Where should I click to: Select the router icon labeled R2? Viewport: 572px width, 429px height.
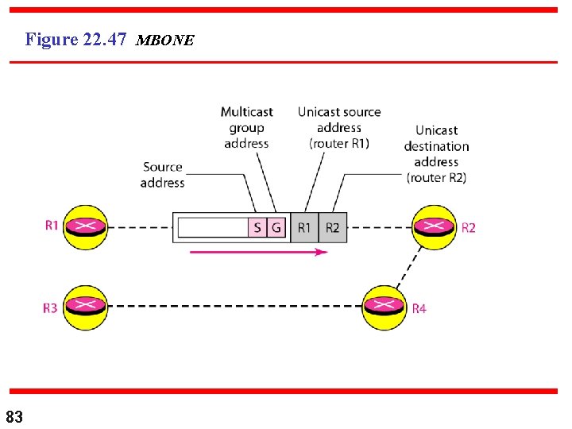pos(434,227)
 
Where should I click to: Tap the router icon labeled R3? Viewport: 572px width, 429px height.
pos(85,307)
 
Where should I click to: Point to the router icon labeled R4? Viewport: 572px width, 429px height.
pos(385,307)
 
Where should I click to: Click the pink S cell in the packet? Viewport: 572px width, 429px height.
pos(257,228)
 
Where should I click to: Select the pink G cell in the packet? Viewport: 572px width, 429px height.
pos(276,228)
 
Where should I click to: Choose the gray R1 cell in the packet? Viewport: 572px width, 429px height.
pos(304,228)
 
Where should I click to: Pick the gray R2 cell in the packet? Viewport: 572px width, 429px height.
pos(332,228)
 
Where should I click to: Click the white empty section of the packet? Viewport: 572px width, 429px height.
pos(212,228)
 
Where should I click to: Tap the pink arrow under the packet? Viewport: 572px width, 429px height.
pos(258,252)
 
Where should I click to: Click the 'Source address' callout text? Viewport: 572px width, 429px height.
pos(162,175)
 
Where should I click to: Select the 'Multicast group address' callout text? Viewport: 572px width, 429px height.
pos(246,128)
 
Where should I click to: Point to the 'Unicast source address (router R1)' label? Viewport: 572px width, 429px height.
pos(339,128)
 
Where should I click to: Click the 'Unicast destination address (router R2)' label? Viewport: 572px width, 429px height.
pos(436,154)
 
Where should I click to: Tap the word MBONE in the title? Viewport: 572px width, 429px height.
pos(164,41)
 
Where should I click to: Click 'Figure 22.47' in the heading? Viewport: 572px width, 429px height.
pos(76,39)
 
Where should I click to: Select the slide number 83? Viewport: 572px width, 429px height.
pos(14,416)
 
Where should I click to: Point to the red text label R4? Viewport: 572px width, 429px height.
pos(419,308)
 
